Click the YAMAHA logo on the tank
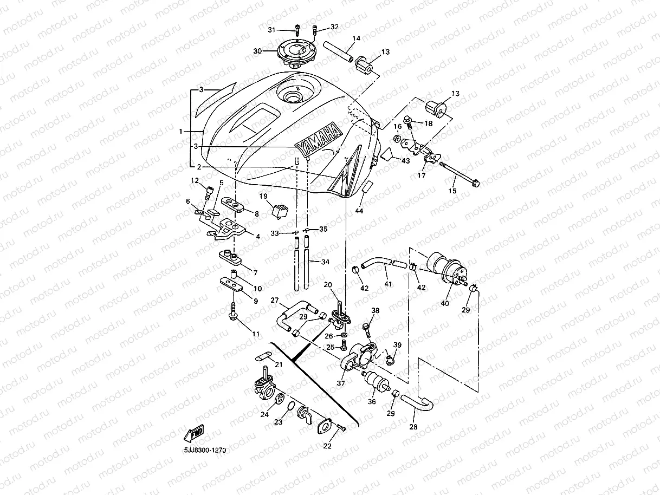319,141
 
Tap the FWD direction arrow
194,433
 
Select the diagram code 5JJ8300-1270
205,450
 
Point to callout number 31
271,30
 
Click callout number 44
359,211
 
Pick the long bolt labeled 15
459,174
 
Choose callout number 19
263,196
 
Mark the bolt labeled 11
233,311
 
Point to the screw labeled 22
341,428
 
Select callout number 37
341,383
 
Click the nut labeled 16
397,139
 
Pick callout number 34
325,262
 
